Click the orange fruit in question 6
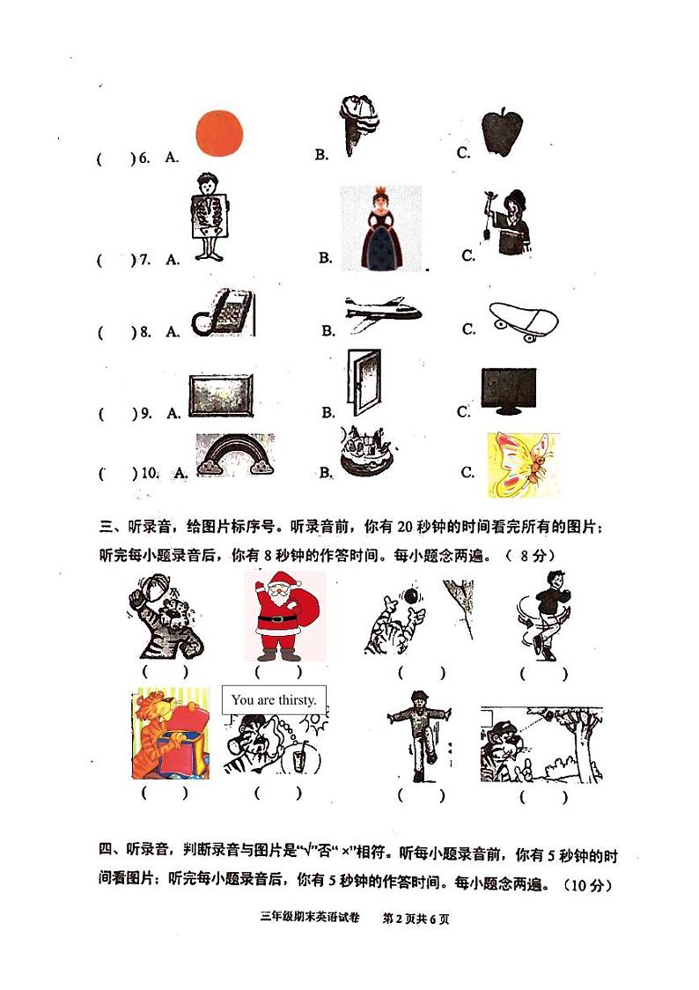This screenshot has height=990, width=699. click(x=217, y=134)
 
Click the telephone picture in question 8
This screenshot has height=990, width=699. click(x=223, y=314)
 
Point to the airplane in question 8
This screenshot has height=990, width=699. click(x=382, y=313)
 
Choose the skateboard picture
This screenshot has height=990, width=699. click(x=522, y=321)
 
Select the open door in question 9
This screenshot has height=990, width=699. click(x=363, y=382)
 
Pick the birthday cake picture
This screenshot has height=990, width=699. click(x=366, y=452)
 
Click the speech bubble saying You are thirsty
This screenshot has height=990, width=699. click(x=274, y=700)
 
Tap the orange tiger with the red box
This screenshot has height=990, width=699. click(x=171, y=734)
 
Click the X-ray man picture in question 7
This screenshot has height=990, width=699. click(x=209, y=217)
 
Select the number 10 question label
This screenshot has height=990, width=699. click(x=150, y=473)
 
